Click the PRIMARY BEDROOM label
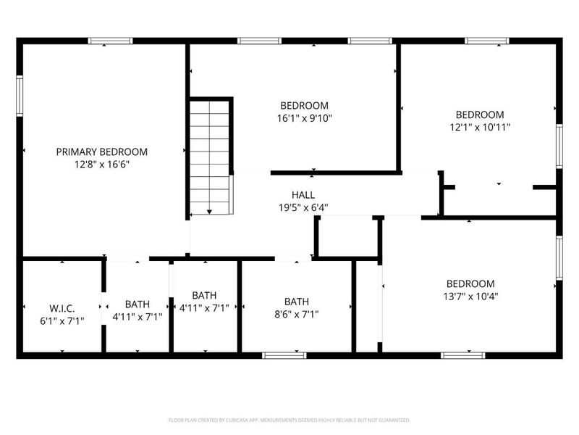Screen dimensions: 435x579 102,152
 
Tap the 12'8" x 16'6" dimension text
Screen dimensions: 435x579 102,165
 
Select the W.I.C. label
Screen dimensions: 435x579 62,307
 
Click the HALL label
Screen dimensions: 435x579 303,194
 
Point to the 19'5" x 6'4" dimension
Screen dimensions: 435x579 303,207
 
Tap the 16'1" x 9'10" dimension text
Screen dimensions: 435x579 304,118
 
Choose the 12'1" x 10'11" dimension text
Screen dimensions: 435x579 479,128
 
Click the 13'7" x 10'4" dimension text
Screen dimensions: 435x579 470,296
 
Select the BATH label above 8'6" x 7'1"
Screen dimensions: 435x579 296,302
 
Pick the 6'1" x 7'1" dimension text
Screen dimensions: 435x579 62,320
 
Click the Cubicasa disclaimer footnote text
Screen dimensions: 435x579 289,420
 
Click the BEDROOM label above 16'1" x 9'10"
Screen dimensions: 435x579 304,105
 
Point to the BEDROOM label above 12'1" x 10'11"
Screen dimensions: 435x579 479,115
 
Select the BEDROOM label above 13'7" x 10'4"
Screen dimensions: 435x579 470,283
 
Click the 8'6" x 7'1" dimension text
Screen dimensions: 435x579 296,315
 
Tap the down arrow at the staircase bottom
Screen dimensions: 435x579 209,211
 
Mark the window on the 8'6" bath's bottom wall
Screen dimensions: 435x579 284,355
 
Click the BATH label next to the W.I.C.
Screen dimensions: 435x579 138,304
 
